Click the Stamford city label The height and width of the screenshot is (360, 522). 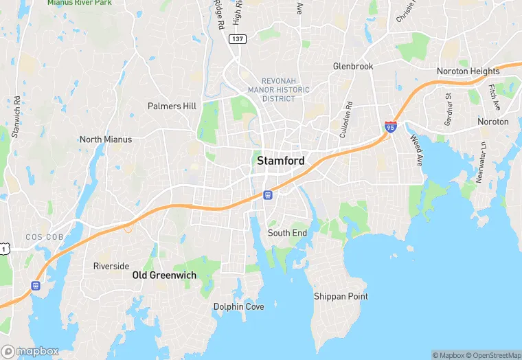pos(280,161)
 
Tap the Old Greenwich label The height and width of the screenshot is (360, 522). pos(164,275)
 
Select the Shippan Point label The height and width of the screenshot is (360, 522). pos(341,297)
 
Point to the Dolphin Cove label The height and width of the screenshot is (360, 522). pos(238,307)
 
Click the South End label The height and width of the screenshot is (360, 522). pos(287,234)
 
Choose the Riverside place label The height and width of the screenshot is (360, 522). pos(111,267)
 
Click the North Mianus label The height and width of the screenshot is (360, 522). pos(106,139)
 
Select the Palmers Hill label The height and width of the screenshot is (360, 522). pos(172,106)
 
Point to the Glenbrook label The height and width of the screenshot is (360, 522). pos(353,67)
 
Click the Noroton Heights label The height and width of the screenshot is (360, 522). pos(468,71)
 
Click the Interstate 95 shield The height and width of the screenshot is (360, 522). pos(390,126)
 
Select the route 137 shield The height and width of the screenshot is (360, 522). pos(237,39)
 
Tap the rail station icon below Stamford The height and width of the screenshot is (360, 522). pos(268,195)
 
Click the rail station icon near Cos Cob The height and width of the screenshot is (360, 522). pos(35,286)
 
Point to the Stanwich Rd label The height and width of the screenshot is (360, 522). pos(15,116)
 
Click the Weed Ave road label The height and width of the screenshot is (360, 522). pos(417,150)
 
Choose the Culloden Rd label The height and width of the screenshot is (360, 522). pos(346,120)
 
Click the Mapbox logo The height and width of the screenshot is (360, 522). pos(30,351)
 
